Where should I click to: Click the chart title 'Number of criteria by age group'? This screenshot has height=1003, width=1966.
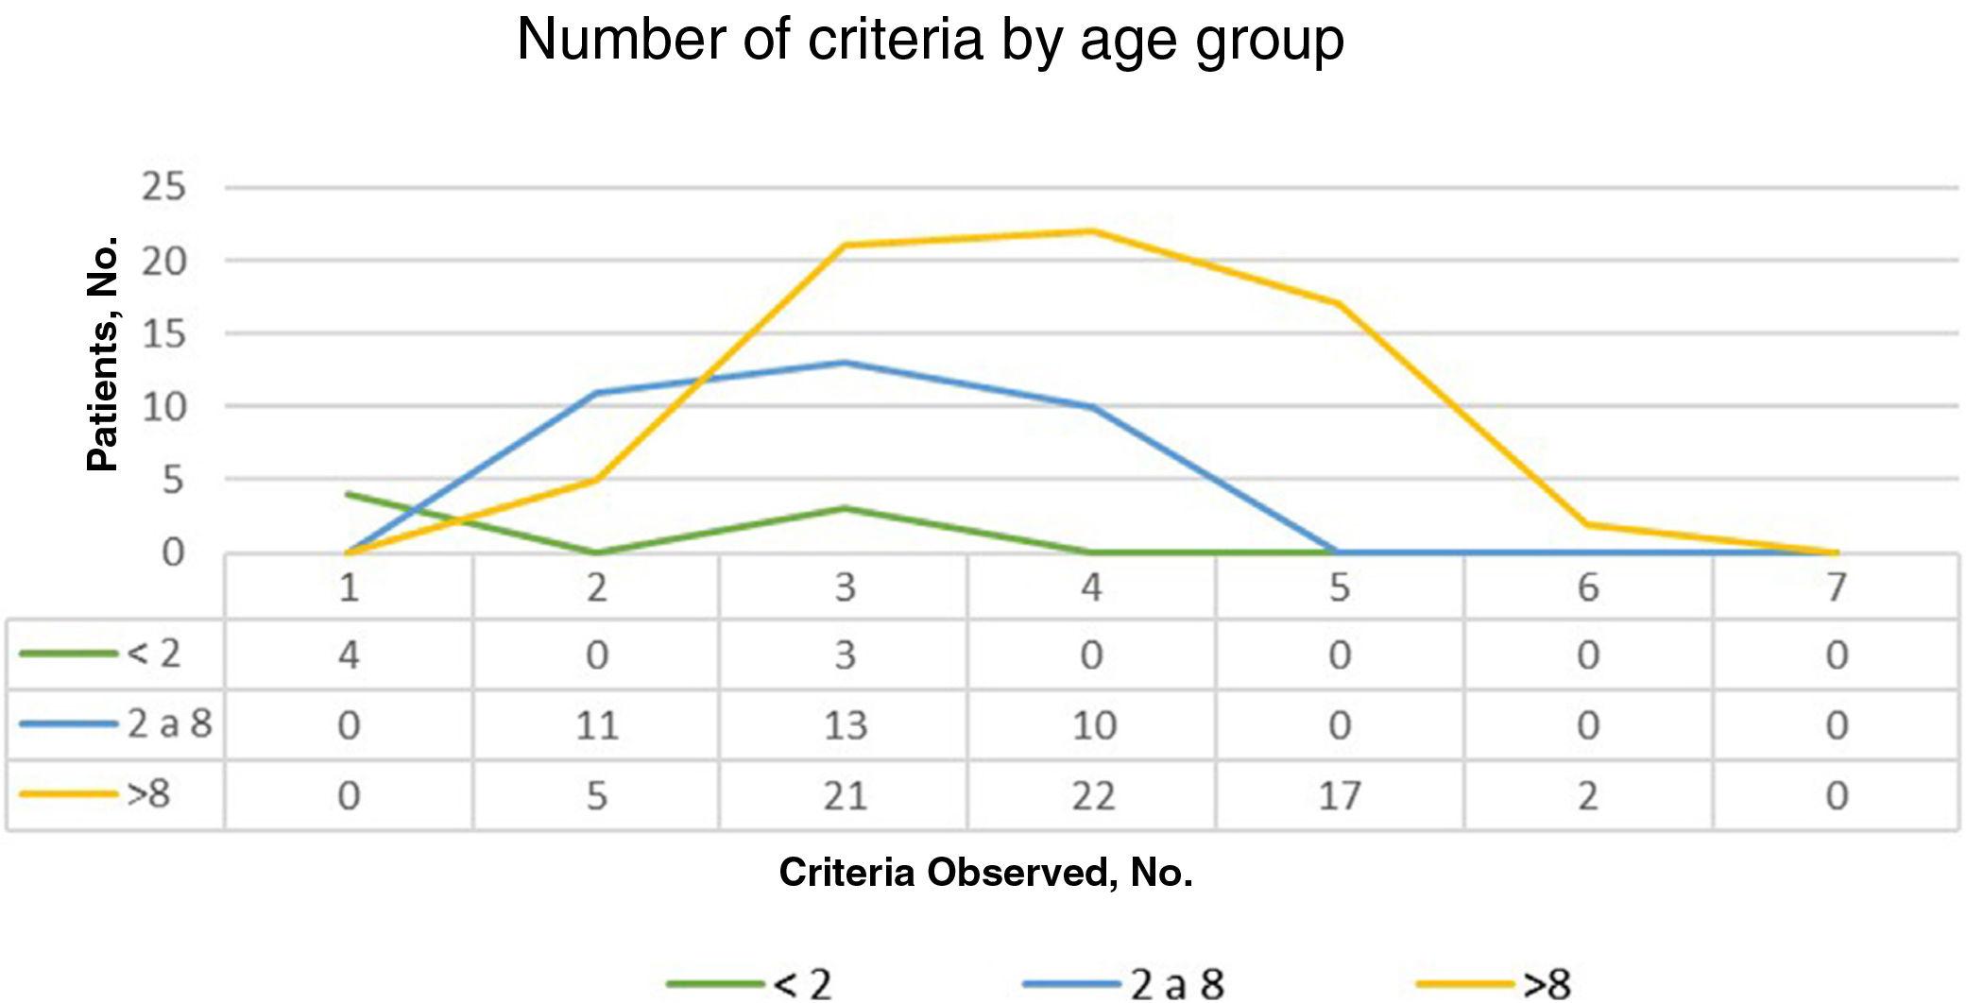coord(931,40)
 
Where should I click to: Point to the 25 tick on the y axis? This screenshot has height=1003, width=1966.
coord(164,187)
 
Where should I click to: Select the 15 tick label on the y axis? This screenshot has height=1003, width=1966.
coord(164,333)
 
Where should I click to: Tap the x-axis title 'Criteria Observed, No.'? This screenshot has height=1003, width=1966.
coord(985,872)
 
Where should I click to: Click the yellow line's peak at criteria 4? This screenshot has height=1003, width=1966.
coord(1092,230)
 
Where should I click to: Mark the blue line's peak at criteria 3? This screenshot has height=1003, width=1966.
coord(845,363)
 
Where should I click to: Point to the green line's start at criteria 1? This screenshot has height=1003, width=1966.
coord(349,494)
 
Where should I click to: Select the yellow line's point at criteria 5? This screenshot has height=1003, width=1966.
coord(1339,303)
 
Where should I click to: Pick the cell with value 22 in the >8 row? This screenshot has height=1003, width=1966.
coord(1092,795)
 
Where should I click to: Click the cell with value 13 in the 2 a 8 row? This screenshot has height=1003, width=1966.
coord(845,725)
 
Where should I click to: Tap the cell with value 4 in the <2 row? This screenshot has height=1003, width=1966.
coord(349,654)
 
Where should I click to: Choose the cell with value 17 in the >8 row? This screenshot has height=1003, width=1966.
coord(1339,795)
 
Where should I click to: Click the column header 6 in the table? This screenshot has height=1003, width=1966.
coord(1587,587)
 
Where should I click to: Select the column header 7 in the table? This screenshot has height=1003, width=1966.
coord(1835,587)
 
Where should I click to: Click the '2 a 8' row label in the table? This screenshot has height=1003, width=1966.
coord(168,724)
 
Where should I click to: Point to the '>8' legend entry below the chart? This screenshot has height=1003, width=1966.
coord(1546,983)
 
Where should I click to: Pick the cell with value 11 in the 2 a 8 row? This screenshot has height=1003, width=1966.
coord(596,725)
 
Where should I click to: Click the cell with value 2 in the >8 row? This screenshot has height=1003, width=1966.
coord(1587,795)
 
